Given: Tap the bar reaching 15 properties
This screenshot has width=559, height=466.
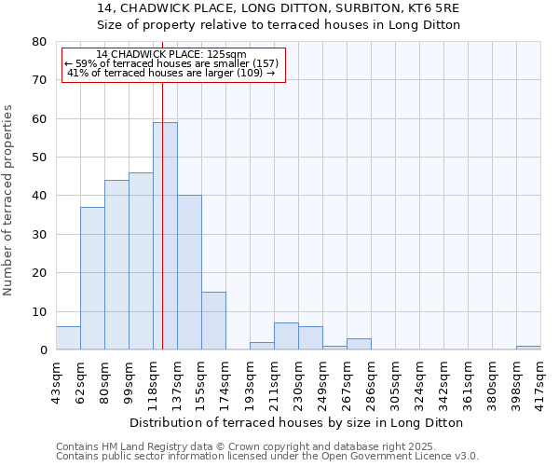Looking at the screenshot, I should coord(213,321).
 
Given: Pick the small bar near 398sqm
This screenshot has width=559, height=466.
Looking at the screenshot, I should coord(528,348).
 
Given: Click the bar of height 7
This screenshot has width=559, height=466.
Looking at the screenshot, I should coord(286,336).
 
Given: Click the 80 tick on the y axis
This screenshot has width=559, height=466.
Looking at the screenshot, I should coord(38,42).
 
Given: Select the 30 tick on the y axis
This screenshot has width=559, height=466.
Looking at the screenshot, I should coord(38,235).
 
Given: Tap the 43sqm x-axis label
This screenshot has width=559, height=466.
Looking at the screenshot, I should coord(56,379).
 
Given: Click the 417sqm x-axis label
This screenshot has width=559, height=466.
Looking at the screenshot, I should coord(540,379).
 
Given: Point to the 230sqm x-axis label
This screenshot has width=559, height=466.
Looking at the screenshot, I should coord(298,379).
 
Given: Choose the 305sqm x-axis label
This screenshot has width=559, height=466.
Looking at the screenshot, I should coord(395,379).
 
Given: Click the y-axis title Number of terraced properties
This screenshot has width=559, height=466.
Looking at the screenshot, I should coord(8,199).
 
